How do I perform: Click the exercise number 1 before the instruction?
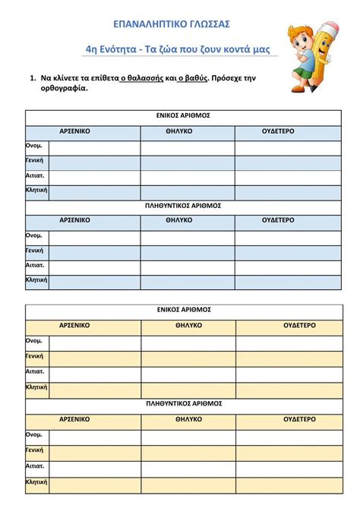tap(33, 77)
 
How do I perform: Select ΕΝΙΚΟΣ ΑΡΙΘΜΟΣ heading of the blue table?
tap(182, 117)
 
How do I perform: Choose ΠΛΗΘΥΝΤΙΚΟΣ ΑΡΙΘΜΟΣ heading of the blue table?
tap(182, 205)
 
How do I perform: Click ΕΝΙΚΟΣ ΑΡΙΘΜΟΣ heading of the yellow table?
tap(183, 310)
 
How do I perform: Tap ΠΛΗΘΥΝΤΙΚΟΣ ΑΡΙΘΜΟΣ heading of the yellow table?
tap(183, 404)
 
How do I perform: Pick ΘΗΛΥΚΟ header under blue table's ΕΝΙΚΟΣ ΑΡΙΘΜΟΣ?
tap(179, 131)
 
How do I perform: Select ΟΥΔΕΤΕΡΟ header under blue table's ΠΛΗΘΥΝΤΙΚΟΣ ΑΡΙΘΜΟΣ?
tap(278, 220)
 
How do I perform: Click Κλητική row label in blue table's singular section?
tap(36, 191)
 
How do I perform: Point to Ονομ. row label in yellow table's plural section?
tap(34, 435)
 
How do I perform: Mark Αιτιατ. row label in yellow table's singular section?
tap(36, 372)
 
